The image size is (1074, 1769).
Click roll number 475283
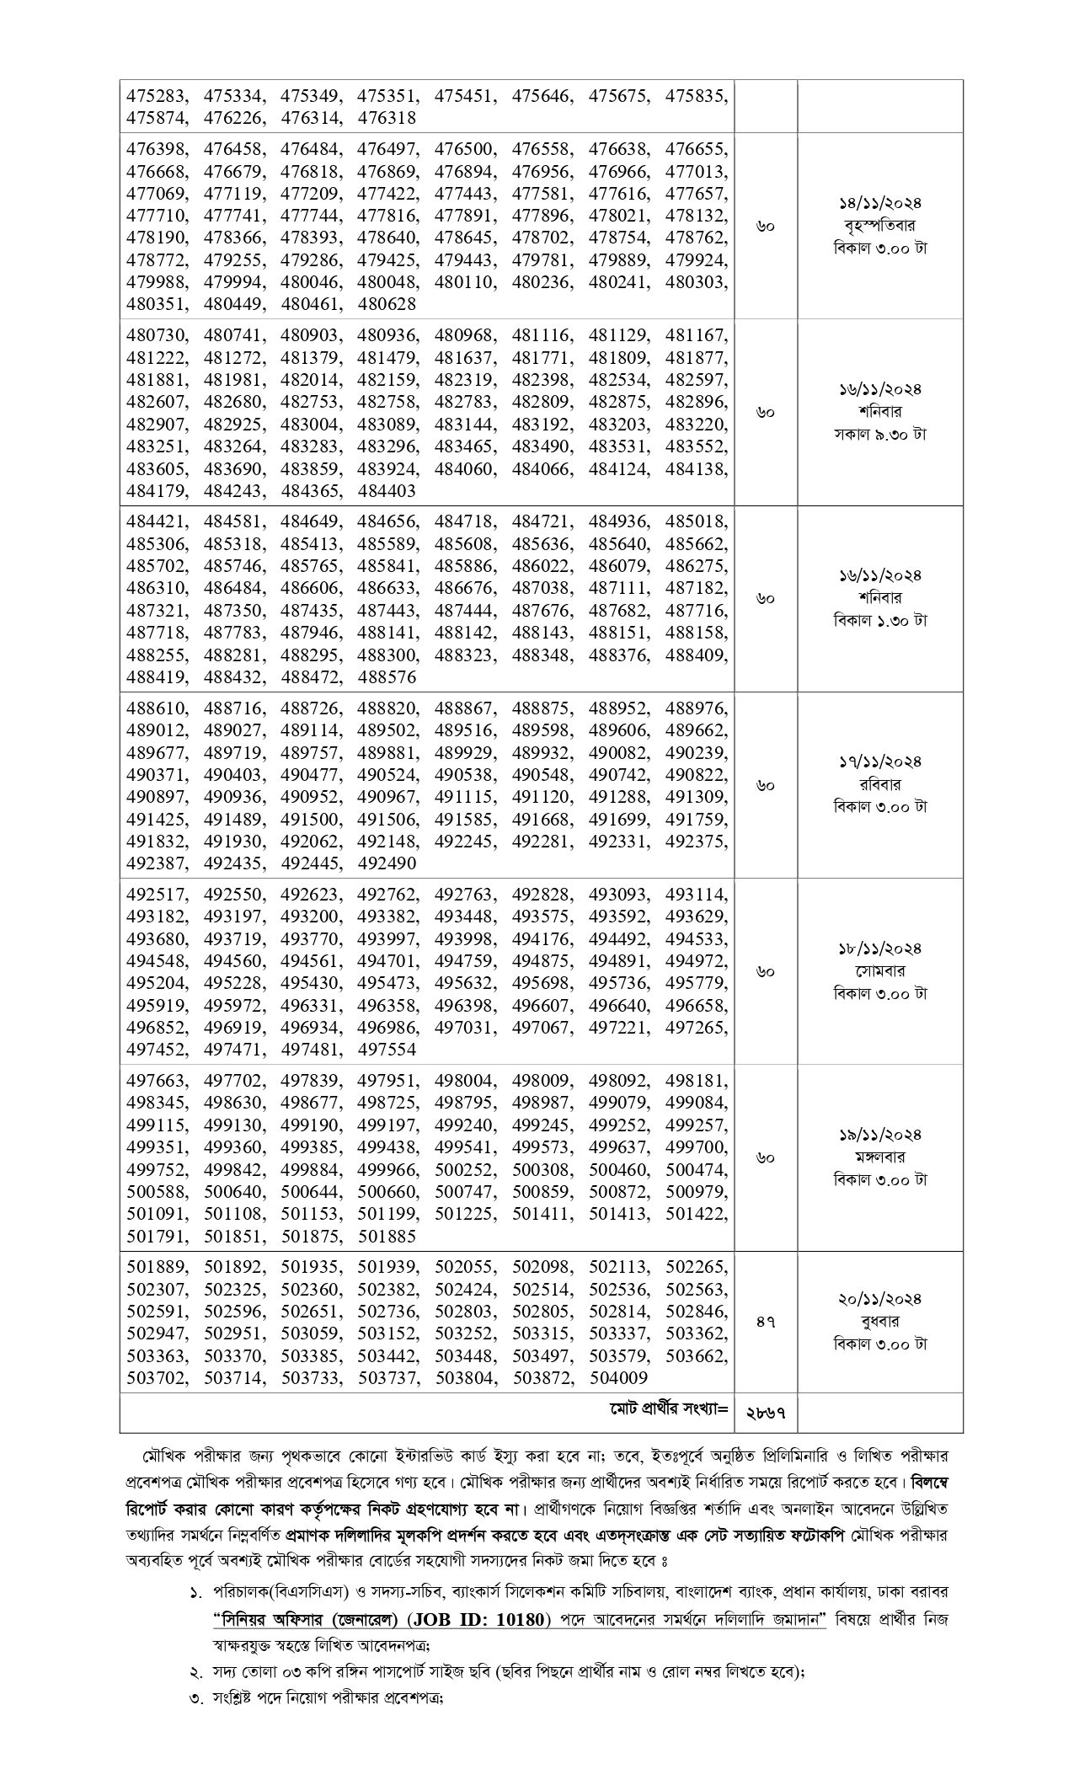click(156, 95)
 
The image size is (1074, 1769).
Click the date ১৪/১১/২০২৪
click(880, 204)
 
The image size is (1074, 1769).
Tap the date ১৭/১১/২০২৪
click(880, 762)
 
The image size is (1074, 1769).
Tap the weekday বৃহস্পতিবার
click(880, 226)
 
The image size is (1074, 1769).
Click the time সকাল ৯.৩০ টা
click(880, 435)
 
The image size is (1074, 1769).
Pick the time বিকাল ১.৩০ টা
click(880, 621)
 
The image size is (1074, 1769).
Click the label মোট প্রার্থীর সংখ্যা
click(669, 1408)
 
